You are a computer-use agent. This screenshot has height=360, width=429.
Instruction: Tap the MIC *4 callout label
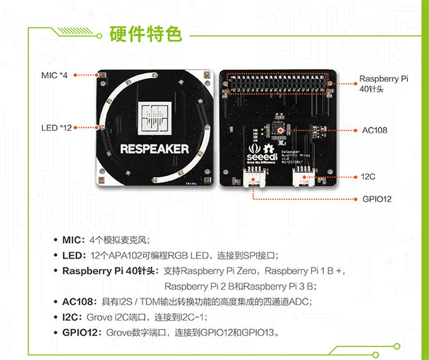click(54, 74)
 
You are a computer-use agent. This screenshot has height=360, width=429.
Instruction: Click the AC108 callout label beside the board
click(375, 130)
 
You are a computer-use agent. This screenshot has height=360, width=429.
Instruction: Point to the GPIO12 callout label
click(376, 199)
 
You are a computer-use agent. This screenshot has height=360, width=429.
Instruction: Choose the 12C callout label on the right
click(369, 177)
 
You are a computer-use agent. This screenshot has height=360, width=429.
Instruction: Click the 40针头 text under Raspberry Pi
click(371, 89)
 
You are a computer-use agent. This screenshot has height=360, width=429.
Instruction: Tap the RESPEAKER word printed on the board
click(154, 148)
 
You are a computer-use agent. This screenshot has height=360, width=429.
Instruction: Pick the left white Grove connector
click(252, 177)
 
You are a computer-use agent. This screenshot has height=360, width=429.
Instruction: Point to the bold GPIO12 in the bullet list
click(82, 332)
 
